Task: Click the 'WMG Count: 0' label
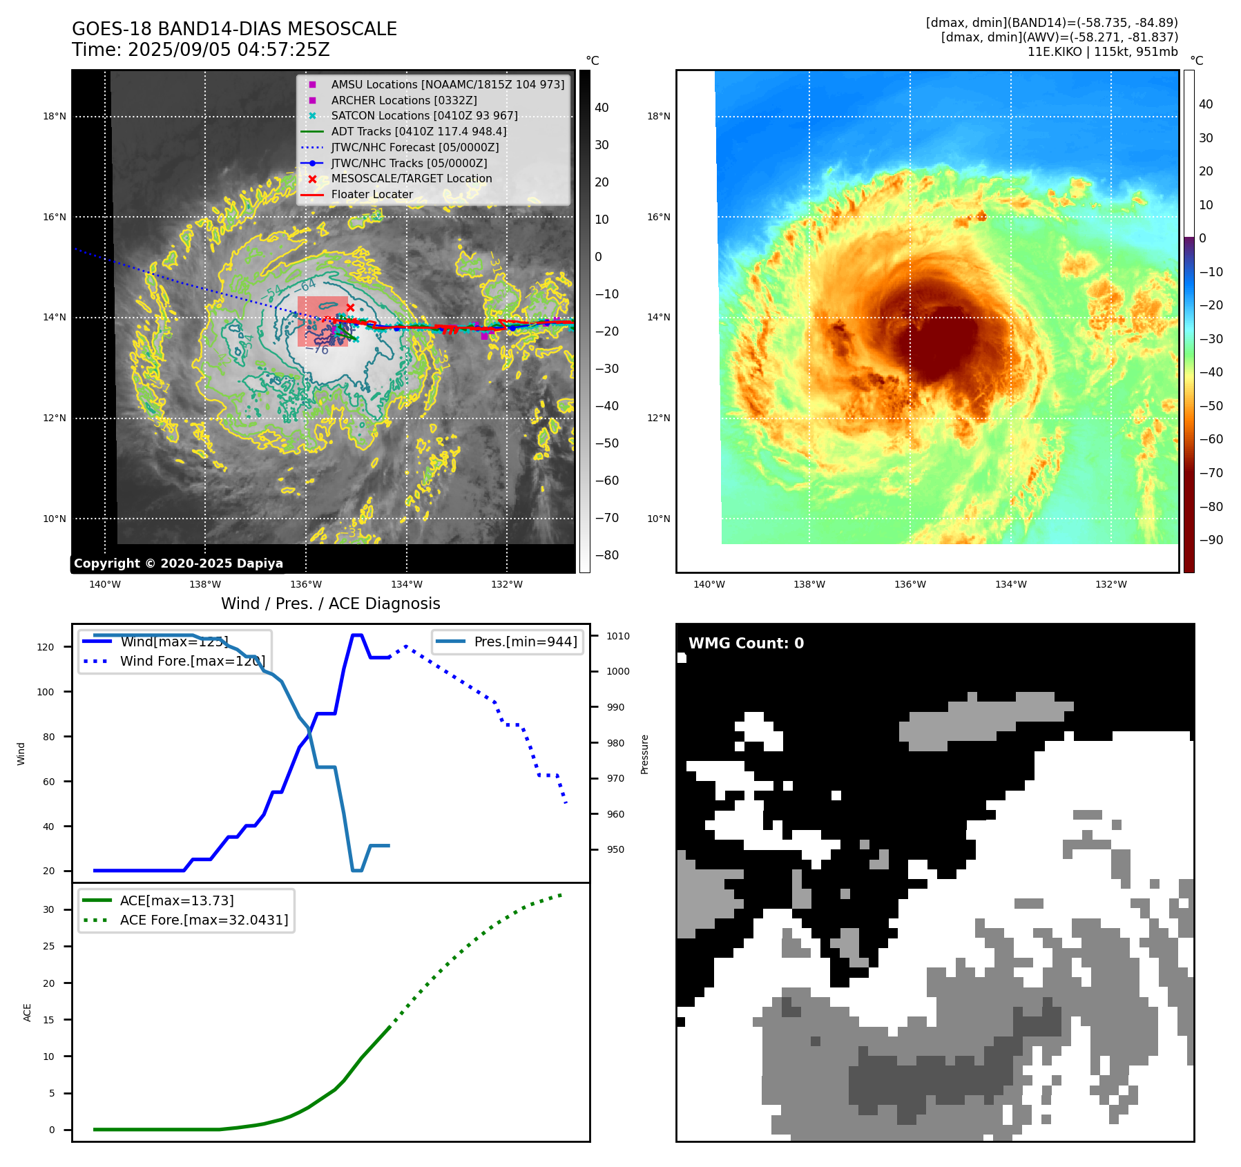pyautogui.click(x=746, y=644)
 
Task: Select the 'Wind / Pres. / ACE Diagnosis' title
pyautogui.click(x=330, y=604)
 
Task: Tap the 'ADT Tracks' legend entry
pyautogui.click(x=419, y=131)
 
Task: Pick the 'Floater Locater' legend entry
pyautogui.click(x=372, y=195)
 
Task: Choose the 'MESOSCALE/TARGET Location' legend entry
pyautogui.click(x=411, y=179)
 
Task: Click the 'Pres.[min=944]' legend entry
pyautogui.click(x=525, y=642)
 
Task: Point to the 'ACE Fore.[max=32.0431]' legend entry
pyautogui.click(x=204, y=920)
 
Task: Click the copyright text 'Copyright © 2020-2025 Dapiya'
pyautogui.click(x=178, y=563)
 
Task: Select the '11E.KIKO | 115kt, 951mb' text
pyautogui.click(x=1102, y=52)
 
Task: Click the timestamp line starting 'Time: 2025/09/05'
pyautogui.click(x=200, y=50)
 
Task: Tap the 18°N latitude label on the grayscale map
pyautogui.click(x=55, y=116)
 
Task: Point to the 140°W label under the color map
pyautogui.click(x=709, y=584)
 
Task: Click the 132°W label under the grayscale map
pyautogui.click(x=506, y=584)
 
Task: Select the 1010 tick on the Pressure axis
pyautogui.click(x=618, y=636)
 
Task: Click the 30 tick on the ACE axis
pyautogui.click(x=48, y=909)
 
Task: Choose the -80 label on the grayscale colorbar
pyautogui.click(x=607, y=555)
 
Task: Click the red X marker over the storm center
pyautogui.click(x=350, y=308)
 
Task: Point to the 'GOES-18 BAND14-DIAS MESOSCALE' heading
pyautogui.click(x=234, y=29)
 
